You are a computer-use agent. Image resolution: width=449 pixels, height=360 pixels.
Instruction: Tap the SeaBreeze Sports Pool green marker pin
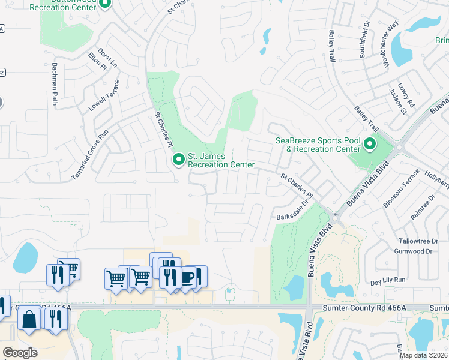(369, 145)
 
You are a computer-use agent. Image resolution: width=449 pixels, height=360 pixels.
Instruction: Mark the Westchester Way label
(391, 44)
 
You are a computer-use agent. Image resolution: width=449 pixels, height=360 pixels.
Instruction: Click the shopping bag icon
(29, 319)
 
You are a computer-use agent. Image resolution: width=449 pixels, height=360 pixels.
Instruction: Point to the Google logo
(20, 352)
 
